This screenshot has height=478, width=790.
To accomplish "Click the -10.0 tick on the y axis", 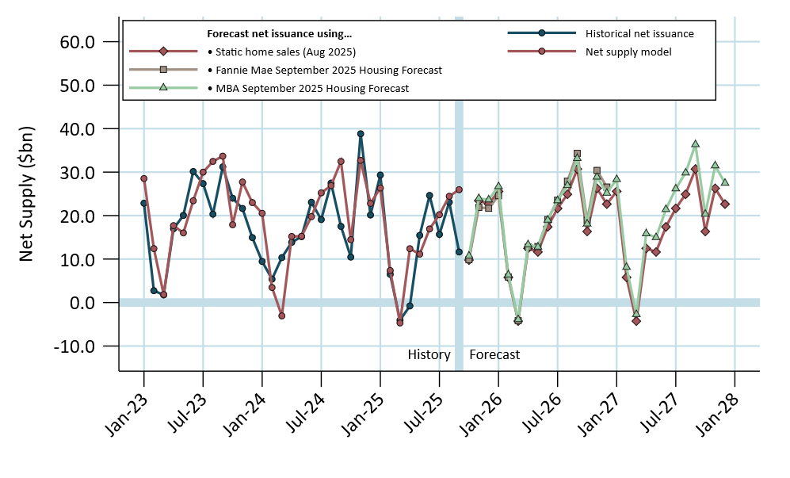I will pos(74,346).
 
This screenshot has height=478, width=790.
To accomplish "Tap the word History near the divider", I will pos(429,354).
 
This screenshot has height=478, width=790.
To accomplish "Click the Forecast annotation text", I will pos(494,354).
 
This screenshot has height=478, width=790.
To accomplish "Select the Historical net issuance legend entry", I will pos(639,33).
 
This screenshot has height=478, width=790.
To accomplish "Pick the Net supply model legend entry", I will pos(628,52).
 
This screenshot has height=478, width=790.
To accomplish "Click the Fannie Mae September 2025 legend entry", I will pos(324,70).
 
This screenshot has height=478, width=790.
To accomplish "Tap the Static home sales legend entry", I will pos(281,52).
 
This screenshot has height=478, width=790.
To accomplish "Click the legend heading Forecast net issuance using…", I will pos(279,34).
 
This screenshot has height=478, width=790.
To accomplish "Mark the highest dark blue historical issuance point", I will pos(361,134).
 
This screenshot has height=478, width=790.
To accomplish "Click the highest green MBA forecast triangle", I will pos(695,144).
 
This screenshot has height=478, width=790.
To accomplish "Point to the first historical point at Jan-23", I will pos(143,203).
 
